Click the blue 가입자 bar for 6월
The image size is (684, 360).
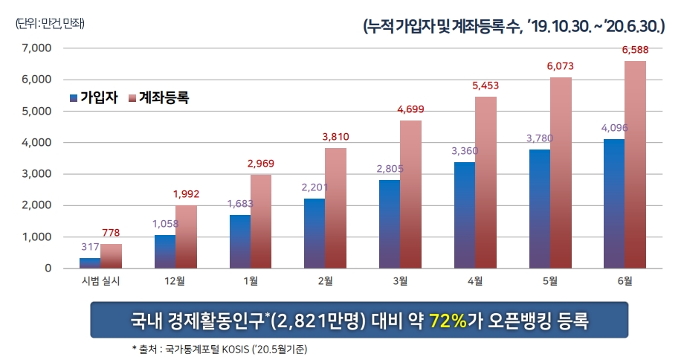click(614, 203)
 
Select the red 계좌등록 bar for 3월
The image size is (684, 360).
click(410, 193)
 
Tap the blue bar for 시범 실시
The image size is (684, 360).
click(90, 263)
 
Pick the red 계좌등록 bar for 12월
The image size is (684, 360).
click(186, 236)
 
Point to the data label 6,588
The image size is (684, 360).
click(634, 50)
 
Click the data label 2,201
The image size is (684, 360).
click(314, 187)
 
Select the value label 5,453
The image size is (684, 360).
click(485, 86)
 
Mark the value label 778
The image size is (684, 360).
click(112, 233)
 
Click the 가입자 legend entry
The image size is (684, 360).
click(93, 97)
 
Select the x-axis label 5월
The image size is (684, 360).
click(549, 280)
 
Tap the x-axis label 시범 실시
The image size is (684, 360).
click(100, 280)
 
